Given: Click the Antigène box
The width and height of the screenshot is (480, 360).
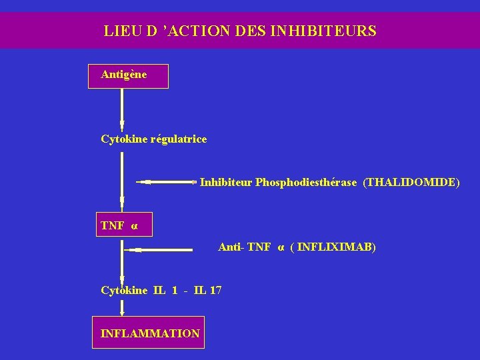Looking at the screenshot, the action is pos(129,76).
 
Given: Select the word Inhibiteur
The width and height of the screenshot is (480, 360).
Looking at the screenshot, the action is pos(226,181).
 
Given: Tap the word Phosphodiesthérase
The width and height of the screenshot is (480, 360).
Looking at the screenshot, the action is pos(306,181).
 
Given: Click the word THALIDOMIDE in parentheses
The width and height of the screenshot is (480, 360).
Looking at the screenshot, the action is pos(411,181).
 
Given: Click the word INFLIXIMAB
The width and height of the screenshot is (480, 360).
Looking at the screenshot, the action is pos(336,247).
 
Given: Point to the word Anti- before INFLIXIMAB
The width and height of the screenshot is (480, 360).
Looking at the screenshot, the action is pos(231,247).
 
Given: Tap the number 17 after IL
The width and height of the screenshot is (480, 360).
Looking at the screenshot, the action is pos(215,290).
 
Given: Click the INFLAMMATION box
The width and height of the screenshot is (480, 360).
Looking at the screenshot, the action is pos(149,333).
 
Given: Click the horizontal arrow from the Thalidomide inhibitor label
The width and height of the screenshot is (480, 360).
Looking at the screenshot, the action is pos(167,181).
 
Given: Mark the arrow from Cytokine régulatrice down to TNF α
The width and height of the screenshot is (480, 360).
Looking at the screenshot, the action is pos(122,180).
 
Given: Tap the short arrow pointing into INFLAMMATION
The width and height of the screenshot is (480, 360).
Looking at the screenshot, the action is pos(122,307).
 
